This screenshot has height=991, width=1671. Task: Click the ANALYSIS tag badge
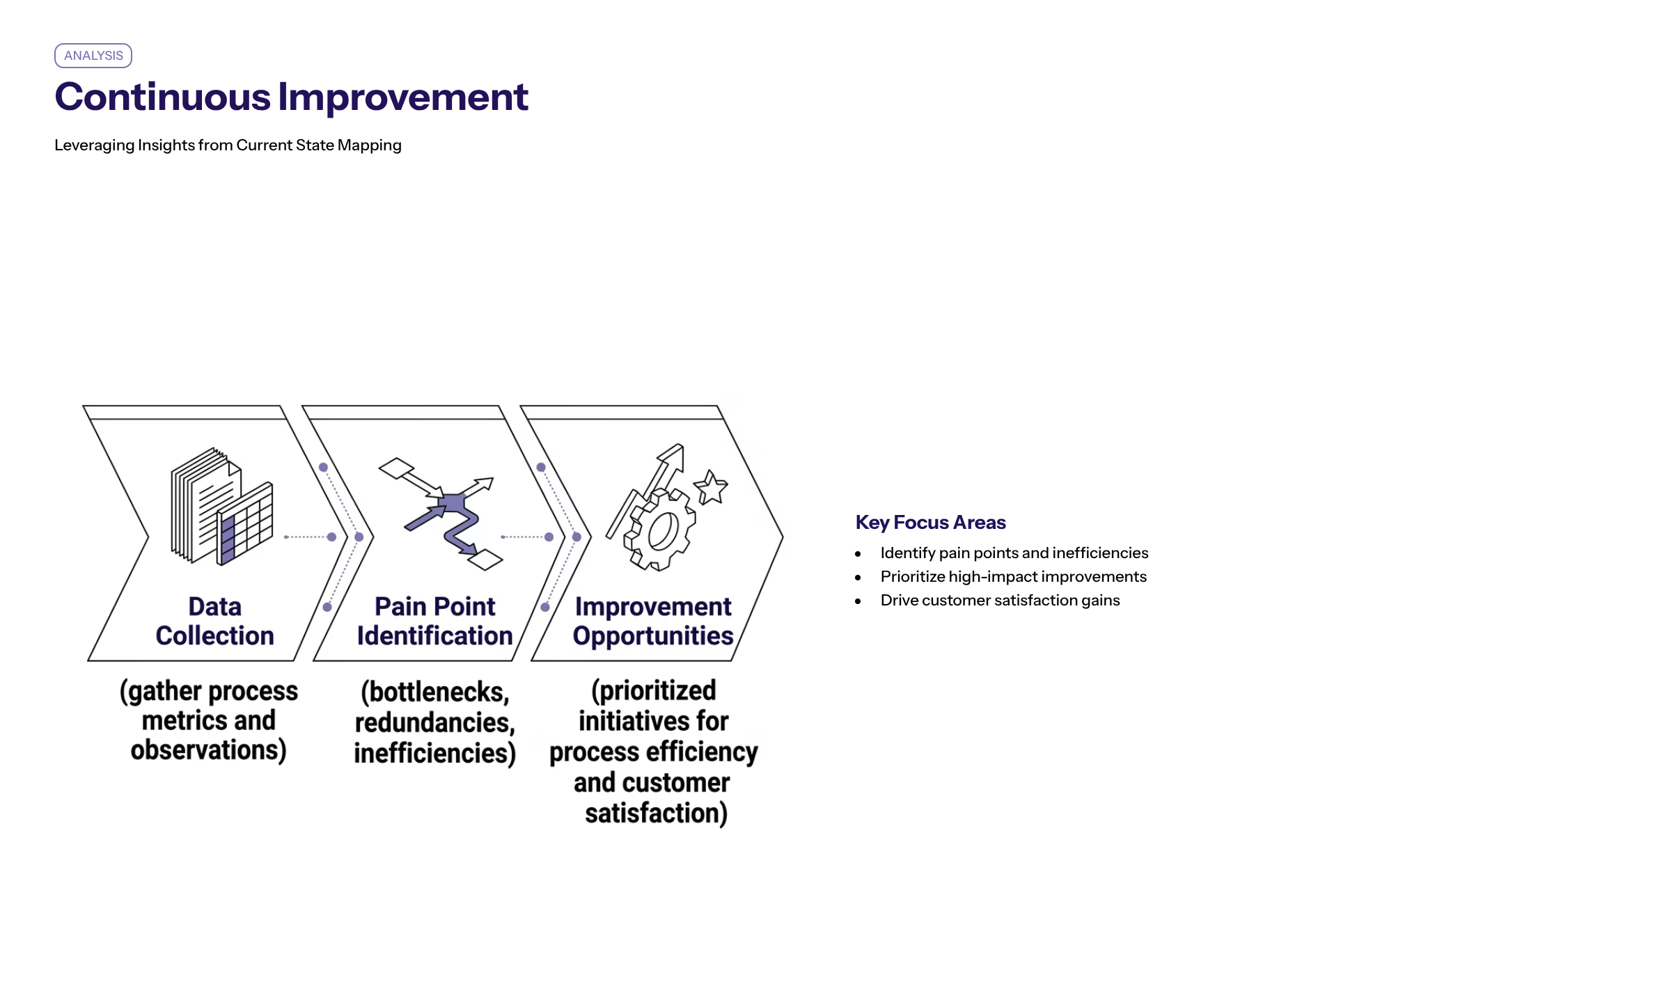click(93, 56)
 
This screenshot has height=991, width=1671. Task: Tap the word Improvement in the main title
click(404, 97)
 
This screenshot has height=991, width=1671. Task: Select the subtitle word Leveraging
click(94, 145)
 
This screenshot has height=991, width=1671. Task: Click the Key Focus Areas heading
click(930, 523)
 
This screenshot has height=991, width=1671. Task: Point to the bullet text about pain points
click(1014, 553)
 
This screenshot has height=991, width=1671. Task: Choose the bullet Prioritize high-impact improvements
click(1013, 577)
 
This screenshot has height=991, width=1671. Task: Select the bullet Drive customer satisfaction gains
click(1000, 601)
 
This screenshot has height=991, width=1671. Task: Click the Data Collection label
click(215, 621)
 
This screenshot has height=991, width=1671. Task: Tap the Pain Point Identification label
click(434, 621)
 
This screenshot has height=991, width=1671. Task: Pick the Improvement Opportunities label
click(653, 621)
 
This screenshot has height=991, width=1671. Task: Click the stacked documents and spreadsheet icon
click(222, 506)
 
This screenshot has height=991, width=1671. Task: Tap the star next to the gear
click(711, 487)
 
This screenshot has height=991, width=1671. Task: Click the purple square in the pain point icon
click(453, 502)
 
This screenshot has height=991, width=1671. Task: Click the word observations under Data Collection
click(208, 750)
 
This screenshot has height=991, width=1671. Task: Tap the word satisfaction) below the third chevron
click(657, 814)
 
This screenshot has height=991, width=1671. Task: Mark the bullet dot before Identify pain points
click(858, 554)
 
